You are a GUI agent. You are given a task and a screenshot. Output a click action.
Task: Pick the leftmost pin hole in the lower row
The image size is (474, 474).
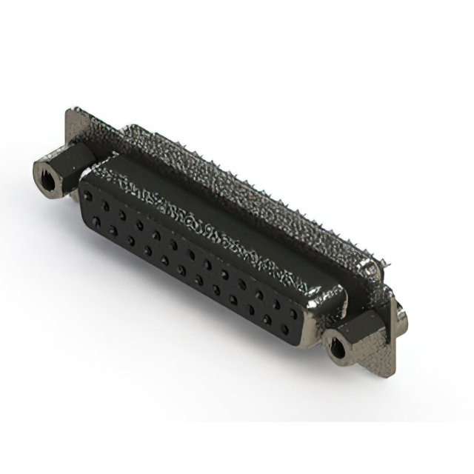coord(95,220)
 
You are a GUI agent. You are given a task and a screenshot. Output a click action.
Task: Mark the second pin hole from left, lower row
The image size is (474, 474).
coord(113,230)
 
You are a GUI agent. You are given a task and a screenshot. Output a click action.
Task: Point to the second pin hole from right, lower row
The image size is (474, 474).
coord(267,319)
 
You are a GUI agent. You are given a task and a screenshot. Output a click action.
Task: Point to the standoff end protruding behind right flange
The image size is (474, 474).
coord(401,314)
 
